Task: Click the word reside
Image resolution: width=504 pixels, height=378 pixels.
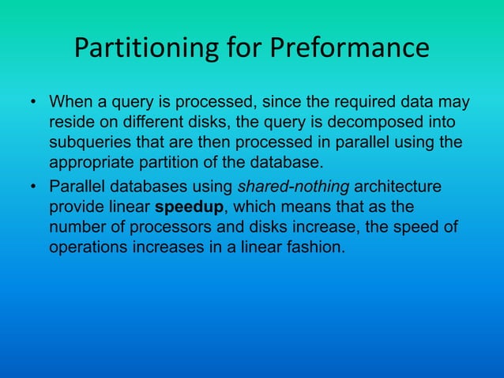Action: [72, 124]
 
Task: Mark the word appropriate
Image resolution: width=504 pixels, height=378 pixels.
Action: [92, 165]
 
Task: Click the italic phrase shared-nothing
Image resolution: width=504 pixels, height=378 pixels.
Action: [293, 187]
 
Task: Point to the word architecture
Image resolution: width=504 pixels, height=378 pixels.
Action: [398, 187]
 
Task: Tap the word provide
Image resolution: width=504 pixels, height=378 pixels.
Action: [77, 207]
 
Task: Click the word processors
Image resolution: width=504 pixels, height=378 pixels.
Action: [164, 228]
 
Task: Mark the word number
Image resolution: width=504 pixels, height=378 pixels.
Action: [75, 228]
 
